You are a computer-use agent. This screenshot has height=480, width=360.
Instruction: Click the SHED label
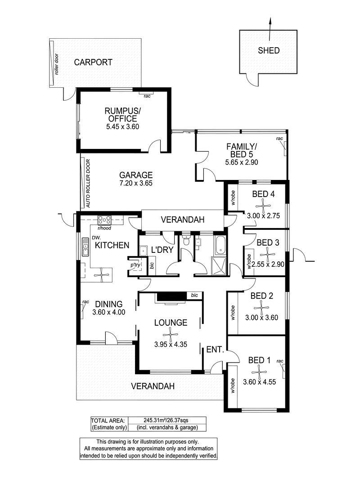[x=269, y=50]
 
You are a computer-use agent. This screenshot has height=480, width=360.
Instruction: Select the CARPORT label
[x=93, y=63]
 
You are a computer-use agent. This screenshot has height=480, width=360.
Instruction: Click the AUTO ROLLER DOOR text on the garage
[x=88, y=184]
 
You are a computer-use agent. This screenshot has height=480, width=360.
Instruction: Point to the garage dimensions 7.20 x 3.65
[x=136, y=184]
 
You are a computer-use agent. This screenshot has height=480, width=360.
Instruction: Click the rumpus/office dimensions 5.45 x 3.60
[x=123, y=127]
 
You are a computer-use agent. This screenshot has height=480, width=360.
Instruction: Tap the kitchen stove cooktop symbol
[x=104, y=220]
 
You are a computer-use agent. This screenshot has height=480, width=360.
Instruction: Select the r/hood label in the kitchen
[x=104, y=228]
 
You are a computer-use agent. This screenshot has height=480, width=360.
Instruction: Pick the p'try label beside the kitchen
[x=135, y=265]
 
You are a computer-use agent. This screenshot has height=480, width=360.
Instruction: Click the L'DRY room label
[x=162, y=250]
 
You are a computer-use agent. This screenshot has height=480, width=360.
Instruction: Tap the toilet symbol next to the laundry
[x=185, y=241]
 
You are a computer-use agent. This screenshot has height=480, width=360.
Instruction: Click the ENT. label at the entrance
[x=216, y=349]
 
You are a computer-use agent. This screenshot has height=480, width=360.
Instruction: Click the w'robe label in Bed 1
[x=233, y=386]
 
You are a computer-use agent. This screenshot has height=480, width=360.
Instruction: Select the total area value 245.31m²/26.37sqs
[x=166, y=420]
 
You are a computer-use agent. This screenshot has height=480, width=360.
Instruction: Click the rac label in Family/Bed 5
[x=279, y=139]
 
